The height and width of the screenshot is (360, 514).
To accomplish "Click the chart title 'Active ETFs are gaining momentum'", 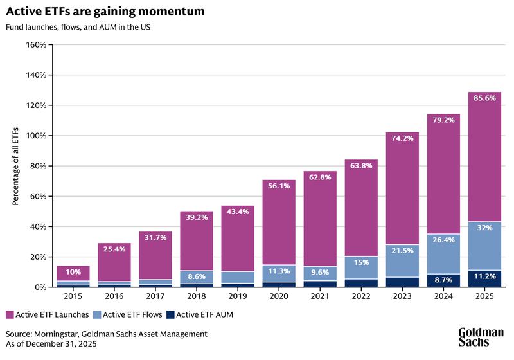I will [105, 11].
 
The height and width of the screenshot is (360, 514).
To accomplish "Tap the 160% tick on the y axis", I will [35, 45].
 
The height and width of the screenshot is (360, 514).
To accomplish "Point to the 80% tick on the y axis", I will [37, 166].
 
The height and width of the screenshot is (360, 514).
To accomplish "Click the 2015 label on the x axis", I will [73, 298].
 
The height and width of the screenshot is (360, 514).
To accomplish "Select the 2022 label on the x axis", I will [360, 298].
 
